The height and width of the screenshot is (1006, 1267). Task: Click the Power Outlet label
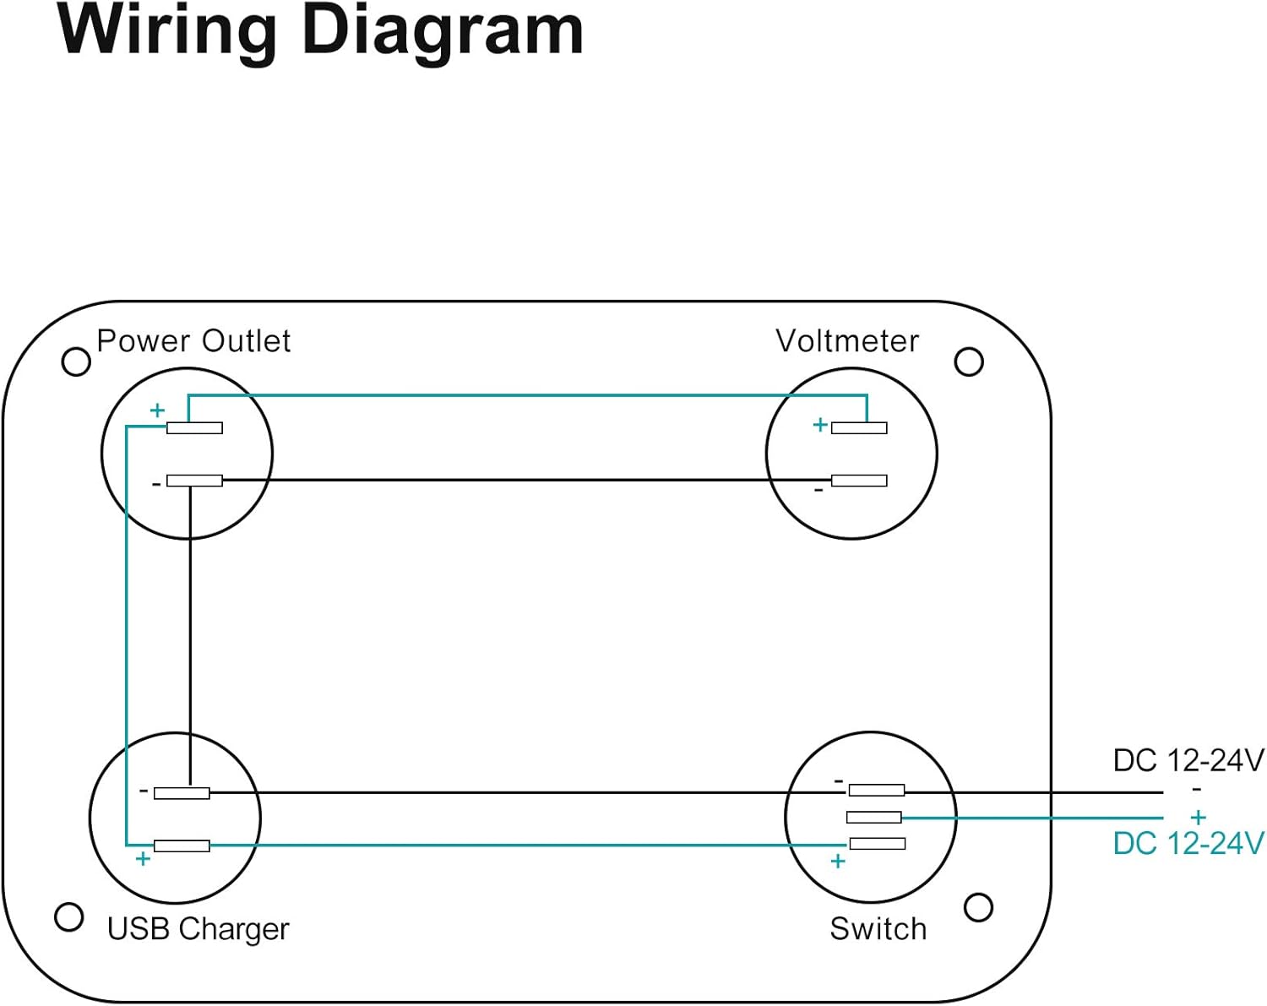coord(193,341)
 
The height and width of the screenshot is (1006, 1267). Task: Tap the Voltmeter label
coord(846,341)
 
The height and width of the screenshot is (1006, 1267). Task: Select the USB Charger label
coord(198,929)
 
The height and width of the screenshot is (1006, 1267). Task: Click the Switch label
coord(878,929)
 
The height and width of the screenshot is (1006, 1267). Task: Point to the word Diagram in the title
coord(442,30)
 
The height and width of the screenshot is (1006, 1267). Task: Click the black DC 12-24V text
coord(1188,761)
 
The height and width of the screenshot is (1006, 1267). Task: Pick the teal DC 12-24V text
coord(1188,844)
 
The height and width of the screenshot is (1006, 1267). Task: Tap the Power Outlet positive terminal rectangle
coord(194,428)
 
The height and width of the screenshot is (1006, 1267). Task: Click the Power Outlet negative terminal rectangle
coord(194,481)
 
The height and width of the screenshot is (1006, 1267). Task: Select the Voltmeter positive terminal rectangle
coord(859,428)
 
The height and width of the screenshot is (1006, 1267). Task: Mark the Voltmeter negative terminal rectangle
coord(859,481)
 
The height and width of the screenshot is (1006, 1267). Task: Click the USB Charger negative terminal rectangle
coord(182,793)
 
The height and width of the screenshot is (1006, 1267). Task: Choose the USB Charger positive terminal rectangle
coord(182,846)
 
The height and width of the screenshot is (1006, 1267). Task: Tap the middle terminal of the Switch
coord(873,817)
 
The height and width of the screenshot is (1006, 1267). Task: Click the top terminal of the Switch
coord(877,791)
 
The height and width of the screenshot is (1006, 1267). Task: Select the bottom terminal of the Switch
coord(877,843)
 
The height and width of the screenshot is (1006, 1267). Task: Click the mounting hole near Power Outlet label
coord(76,362)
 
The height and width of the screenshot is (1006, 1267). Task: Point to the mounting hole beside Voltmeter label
coord(969,362)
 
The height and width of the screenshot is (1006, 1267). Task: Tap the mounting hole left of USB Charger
coord(68,916)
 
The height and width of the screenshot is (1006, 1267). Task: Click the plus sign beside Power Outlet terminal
coord(157,411)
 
